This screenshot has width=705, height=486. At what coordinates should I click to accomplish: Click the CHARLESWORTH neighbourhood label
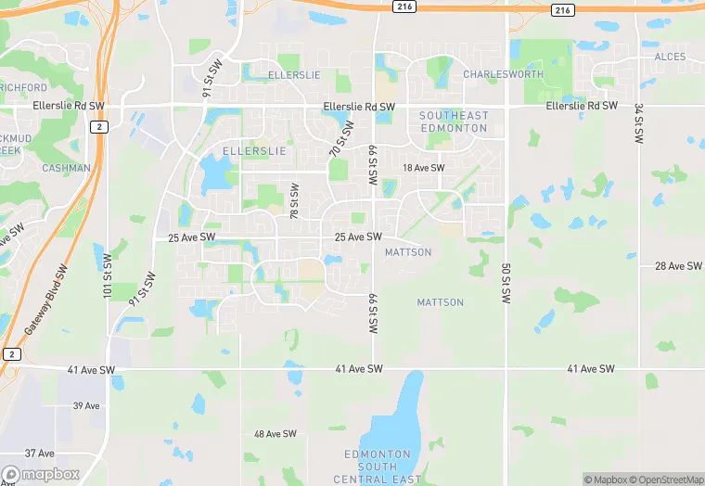(503, 74)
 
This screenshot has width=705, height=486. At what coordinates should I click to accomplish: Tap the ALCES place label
(670, 58)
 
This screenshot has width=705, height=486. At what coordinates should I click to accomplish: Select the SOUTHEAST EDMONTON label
(453, 121)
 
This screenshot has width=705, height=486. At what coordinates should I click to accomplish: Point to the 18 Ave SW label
(424, 168)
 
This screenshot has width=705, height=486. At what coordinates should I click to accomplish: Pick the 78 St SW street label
(295, 201)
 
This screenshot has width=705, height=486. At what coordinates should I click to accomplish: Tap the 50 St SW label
(506, 284)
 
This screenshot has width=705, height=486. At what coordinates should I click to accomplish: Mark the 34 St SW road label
(639, 122)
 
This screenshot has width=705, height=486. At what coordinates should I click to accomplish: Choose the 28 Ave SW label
(678, 266)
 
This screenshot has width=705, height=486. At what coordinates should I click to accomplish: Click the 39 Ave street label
(86, 406)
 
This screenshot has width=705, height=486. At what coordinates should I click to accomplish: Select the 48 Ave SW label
(276, 434)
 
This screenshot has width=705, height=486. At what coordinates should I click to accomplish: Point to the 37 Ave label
(40, 453)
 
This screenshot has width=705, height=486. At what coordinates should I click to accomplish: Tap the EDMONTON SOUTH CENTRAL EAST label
(378, 467)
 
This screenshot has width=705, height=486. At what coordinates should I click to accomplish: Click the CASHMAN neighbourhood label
(67, 169)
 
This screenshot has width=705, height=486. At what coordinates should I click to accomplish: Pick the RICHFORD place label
(23, 88)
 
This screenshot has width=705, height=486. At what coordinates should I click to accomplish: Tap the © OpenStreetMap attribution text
(666, 480)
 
